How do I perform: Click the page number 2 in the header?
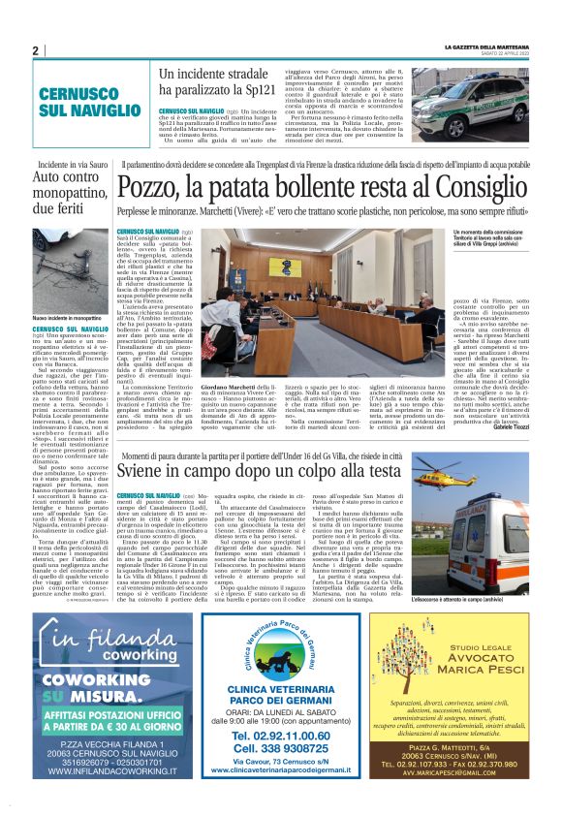(x=35, y=50)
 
